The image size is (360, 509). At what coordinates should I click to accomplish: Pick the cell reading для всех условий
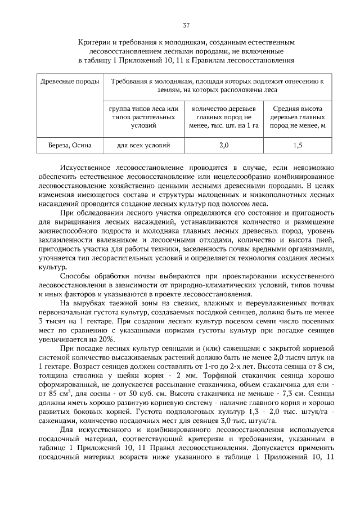(x=143, y=146)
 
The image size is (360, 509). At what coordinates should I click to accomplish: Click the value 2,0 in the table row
(x=224, y=146)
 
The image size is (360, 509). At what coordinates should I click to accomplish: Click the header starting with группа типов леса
(x=143, y=117)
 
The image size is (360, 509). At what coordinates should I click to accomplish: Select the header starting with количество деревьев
(x=224, y=117)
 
